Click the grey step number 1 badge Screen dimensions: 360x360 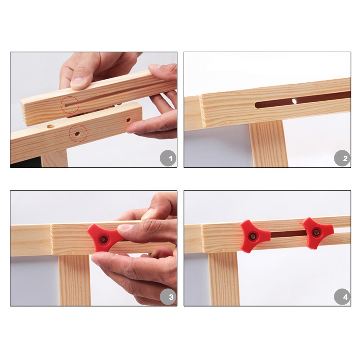pos(168,158)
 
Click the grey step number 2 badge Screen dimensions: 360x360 pos(342,158)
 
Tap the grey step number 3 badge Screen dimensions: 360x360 pos(168,297)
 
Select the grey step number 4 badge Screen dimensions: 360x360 pos(342,297)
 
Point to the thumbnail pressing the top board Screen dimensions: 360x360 pos(77,81)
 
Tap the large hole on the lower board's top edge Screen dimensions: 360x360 pos(50,126)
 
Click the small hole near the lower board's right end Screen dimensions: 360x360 pos(128,120)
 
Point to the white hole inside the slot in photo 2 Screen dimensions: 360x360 pos(294,101)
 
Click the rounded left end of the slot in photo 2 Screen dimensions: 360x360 pos(257,105)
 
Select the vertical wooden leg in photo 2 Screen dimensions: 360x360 pos(268,144)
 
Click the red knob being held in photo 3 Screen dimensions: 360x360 pos(105,238)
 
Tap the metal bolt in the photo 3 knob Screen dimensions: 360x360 pos(103,240)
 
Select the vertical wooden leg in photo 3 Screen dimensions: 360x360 pos(74,280)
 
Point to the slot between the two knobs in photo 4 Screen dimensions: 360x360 pos(288,234)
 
